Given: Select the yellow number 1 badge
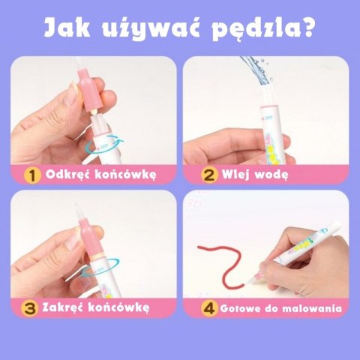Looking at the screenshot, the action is coord(32,175).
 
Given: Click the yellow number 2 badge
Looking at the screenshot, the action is coord(209,175).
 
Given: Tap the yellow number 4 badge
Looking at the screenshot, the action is coord(209,308).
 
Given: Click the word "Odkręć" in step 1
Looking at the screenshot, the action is coord(67,173).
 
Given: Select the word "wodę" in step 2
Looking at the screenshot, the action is coord(271,175).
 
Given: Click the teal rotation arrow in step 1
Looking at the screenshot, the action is coord(105,145).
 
